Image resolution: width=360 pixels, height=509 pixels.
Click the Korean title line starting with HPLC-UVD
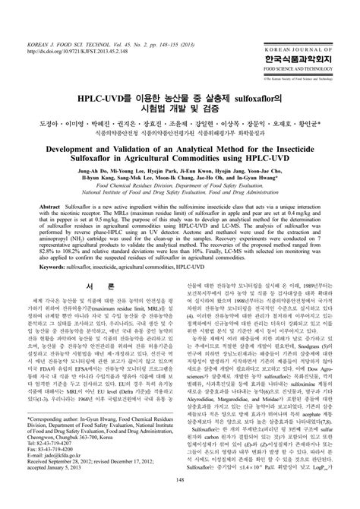tap(180, 99)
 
